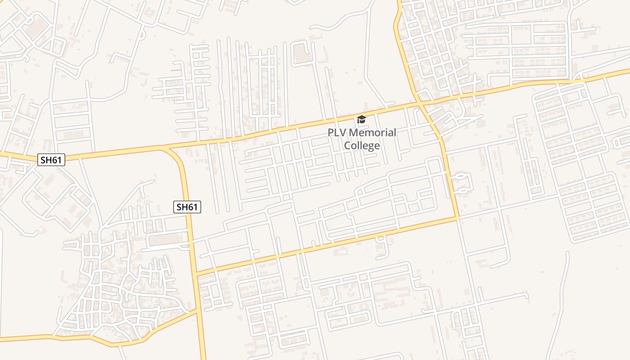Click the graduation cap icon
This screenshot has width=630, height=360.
(x=361, y=119)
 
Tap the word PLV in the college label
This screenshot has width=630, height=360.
(x=337, y=133)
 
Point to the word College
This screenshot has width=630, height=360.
(x=362, y=145)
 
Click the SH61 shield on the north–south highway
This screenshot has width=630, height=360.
(x=187, y=207)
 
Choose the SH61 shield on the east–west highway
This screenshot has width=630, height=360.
(x=51, y=159)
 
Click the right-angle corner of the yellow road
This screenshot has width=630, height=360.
(x=457, y=219)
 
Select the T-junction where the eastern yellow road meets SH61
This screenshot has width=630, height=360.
(x=197, y=273)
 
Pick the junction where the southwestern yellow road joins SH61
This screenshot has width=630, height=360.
(x=198, y=310)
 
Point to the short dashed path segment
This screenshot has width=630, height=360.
(x=176, y=70)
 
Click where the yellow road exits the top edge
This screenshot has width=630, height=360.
(x=399, y=2)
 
